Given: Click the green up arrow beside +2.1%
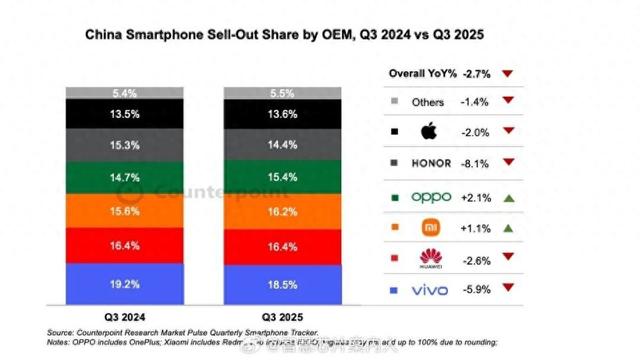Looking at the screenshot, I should (x=508, y=197).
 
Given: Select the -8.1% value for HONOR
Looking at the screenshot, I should (x=476, y=162).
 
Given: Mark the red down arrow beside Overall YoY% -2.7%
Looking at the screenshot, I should (x=508, y=74).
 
